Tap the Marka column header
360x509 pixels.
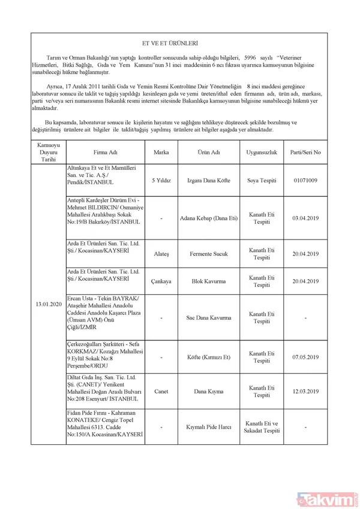pos(161,152)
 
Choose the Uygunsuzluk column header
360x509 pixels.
pos(261,152)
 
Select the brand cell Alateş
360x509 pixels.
pos(161,254)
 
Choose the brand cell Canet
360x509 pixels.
pos(161,392)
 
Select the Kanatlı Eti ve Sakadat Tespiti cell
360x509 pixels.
pos(261,427)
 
